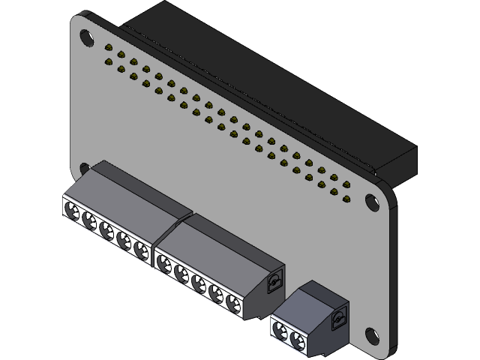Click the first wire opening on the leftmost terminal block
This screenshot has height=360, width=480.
73,211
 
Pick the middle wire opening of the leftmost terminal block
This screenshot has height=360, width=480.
107,229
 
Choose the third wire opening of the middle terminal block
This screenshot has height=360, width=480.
199,282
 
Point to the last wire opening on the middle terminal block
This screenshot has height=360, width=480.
234,302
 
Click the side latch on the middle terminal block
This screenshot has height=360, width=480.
275,283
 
